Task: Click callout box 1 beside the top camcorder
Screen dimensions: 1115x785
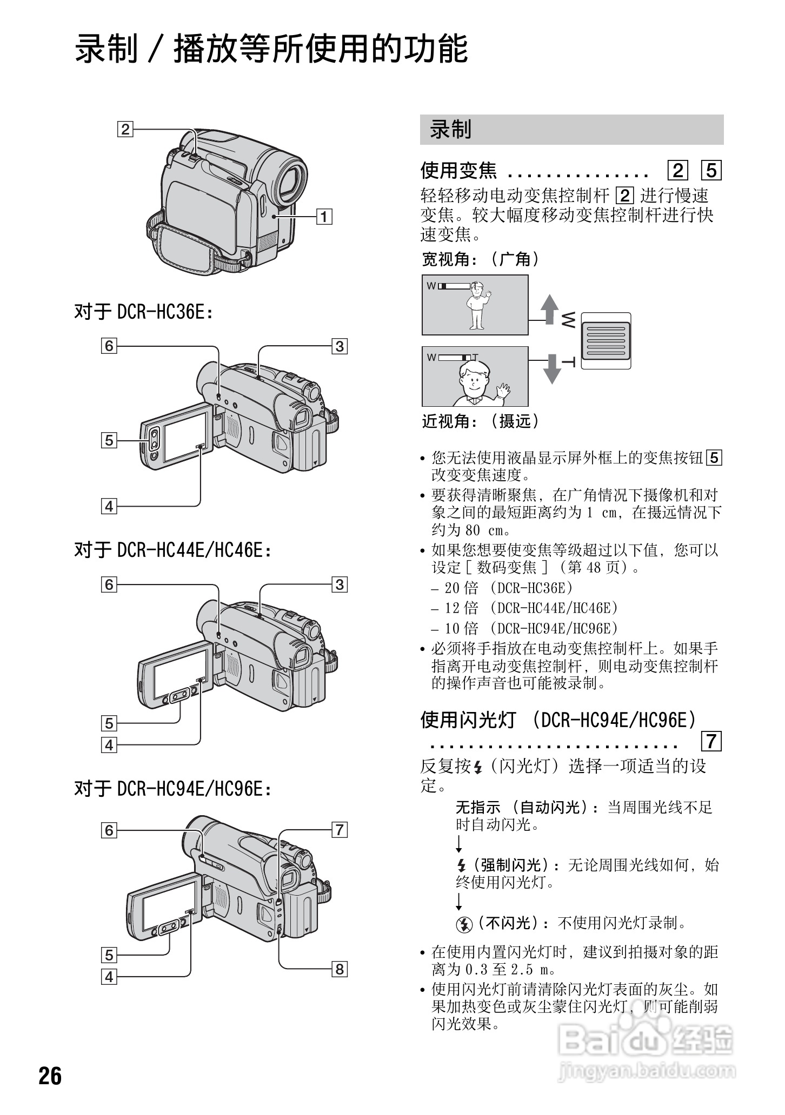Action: pos(324,217)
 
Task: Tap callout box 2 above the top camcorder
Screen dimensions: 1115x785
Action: pos(125,129)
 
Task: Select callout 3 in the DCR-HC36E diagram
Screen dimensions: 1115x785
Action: pos(340,346)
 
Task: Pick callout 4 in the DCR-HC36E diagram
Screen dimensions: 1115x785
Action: pos(109,506)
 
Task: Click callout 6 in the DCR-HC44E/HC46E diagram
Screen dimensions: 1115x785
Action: pos(109,585)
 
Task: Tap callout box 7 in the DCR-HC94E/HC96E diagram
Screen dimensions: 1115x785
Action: pos(340,829)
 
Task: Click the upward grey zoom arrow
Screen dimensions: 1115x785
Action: pos(550,309)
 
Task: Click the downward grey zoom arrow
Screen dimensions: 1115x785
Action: pos(551,369)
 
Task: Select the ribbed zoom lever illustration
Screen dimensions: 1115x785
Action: pos(606,341)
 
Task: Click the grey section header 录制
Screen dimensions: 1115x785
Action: pos(571,130)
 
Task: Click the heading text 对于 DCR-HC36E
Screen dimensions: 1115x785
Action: pos(143,312)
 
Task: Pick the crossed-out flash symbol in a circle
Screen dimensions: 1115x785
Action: pos(464,924)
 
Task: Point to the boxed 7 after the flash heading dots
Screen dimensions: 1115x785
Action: pos(711,741)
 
